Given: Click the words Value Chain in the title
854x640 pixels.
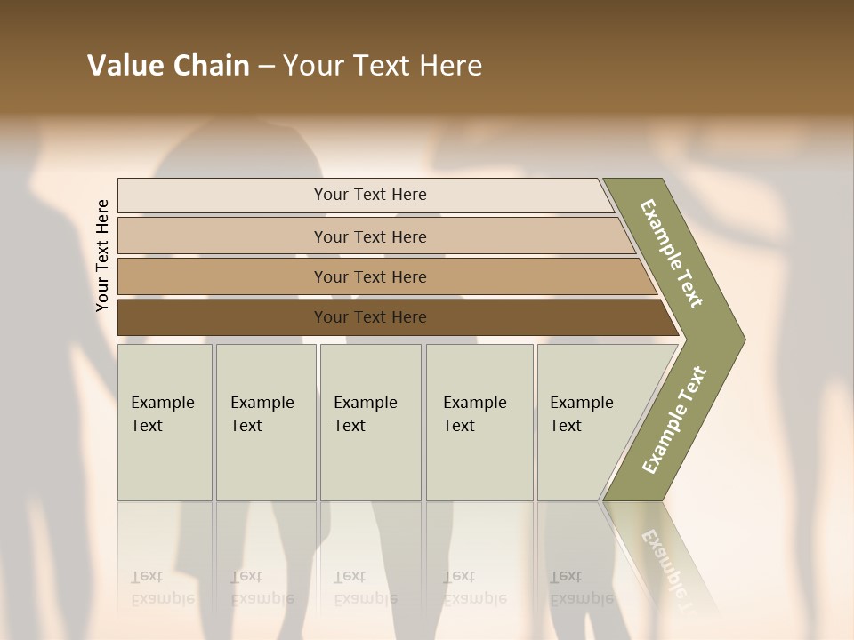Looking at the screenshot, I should tap(168, 66).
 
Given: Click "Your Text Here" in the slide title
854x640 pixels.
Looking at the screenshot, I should tap(383, 66).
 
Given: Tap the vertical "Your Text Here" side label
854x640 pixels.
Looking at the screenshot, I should tap(103, 255).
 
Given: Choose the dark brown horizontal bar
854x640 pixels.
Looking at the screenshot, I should tap(222, 317).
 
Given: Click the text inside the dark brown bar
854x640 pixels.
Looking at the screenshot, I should tap(370, 317).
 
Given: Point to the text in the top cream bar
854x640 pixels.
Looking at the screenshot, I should tap(370, 195).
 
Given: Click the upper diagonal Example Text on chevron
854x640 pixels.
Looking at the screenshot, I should tap(672, 253).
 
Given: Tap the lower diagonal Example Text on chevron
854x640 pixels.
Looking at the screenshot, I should tap(673, 420).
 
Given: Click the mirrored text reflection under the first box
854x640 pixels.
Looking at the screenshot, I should tap(162, 588).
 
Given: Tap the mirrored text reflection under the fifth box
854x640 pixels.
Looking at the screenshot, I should tap(581, 588).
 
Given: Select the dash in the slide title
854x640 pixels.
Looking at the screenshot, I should tap(266, 67).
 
